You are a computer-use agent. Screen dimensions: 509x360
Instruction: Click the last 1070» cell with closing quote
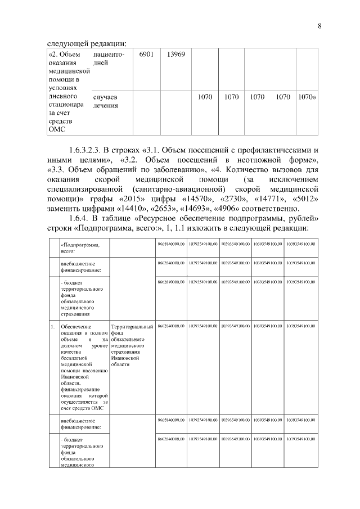point(307,97)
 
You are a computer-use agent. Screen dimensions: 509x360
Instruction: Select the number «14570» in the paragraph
point(197,200)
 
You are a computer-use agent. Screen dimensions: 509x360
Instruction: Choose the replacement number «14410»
point(135,209)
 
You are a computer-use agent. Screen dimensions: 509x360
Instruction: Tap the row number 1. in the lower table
point(52,326)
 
